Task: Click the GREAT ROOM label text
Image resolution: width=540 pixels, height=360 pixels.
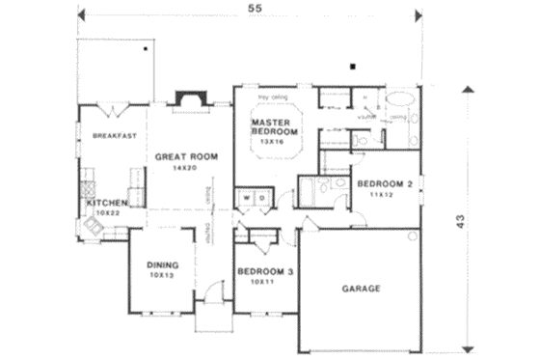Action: click(181, 155)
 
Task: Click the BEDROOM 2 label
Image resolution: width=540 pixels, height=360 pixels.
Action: click(385, 183)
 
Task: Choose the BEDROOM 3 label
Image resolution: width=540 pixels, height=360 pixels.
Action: click(265, 272)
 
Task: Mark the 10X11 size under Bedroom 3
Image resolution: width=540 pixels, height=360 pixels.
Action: click(263, 284)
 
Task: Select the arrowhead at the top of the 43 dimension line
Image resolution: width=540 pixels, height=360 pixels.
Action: click(470, 88)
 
